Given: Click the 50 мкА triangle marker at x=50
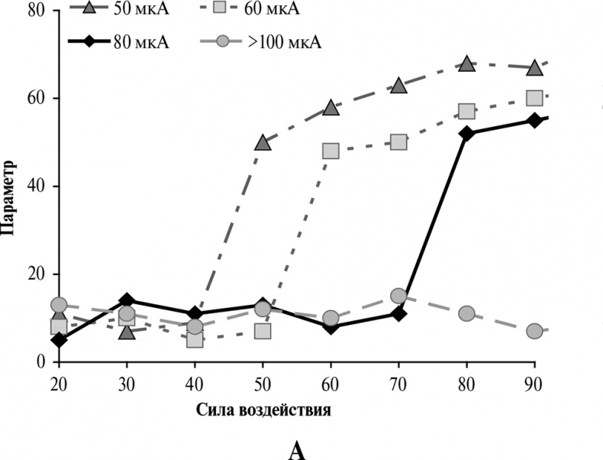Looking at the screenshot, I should coord(263,142).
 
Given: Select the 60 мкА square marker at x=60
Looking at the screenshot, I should coord(331,151).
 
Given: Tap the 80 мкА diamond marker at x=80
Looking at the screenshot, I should coord(466,133).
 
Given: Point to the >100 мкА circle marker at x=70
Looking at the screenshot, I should coord(398,296).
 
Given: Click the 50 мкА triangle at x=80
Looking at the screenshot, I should coord(466,63).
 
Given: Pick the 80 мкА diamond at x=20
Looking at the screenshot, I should coord(59,339).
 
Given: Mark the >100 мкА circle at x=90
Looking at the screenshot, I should coord(534,331).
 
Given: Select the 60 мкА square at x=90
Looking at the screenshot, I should coord(534,98).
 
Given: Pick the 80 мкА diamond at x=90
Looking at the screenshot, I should coord(534,120).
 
